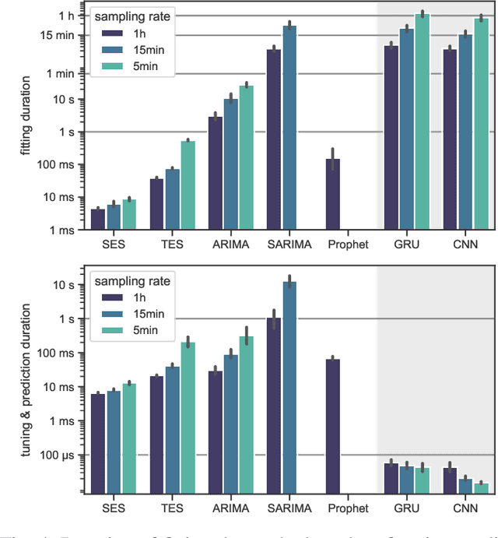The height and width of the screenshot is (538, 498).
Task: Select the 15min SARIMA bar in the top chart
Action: [289, 128]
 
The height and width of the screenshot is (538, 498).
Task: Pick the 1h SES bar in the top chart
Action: [97, 220]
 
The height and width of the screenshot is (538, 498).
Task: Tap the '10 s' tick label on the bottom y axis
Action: [70, 285]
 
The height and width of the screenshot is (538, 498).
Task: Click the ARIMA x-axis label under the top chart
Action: [230, 244]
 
